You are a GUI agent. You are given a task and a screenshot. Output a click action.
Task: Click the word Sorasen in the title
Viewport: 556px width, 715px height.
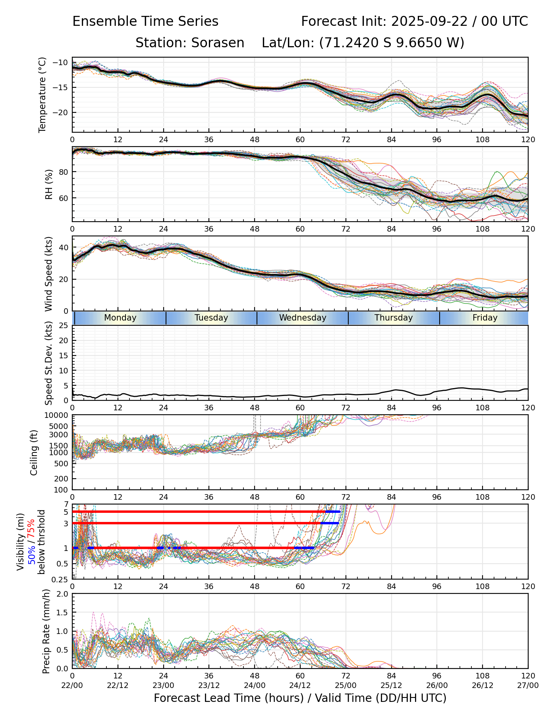point(218,43)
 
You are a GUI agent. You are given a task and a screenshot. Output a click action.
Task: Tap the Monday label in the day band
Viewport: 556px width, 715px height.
point(120,318)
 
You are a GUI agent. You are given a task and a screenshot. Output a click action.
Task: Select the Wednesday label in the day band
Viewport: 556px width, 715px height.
point(303,318)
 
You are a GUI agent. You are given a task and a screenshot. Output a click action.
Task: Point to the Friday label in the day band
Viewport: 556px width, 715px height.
point(485,318)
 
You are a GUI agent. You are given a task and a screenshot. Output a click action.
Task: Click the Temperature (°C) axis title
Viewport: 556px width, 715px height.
point(42,95)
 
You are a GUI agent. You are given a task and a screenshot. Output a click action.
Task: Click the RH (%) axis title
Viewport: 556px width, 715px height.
point(49,184)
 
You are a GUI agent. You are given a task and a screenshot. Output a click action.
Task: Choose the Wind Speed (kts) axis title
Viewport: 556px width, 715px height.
point(48,274)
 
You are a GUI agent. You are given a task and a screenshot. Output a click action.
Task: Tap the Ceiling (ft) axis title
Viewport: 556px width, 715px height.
point(34,452)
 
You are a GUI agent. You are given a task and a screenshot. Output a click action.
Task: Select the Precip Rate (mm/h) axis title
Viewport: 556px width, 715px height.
point(46,631)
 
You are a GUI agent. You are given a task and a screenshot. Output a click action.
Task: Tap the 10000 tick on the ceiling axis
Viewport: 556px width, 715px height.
point(57,415)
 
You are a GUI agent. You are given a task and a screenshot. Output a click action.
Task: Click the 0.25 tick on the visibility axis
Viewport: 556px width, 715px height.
point(60,579)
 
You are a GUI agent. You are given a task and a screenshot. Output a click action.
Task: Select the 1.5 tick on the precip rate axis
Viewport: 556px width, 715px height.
point(62,613)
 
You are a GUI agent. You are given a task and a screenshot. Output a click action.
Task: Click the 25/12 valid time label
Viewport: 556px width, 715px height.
point(391,685)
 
